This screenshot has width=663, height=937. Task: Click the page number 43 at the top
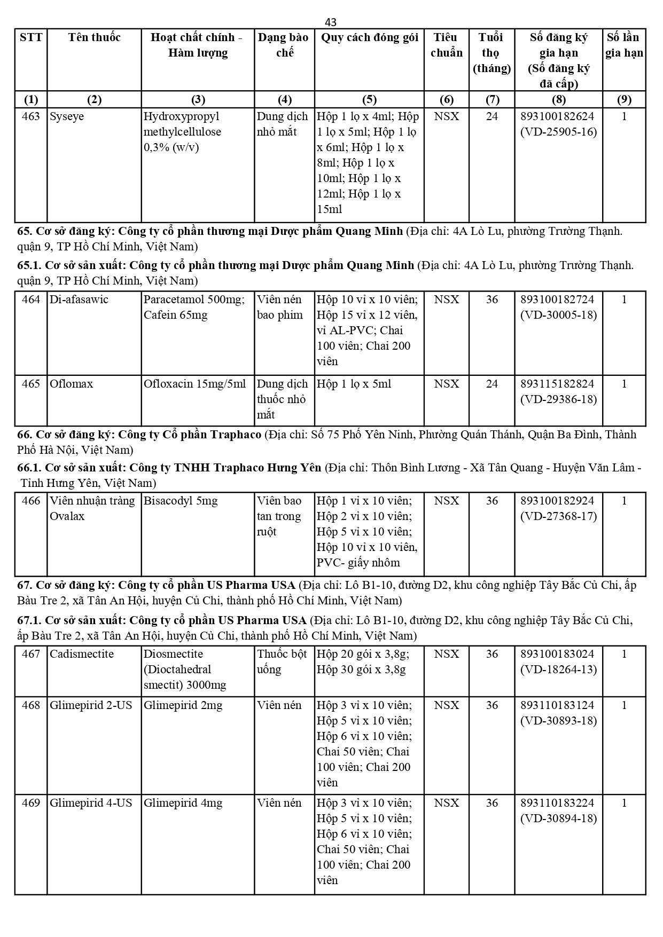point(331,22)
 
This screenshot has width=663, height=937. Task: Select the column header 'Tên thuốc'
point(94,37)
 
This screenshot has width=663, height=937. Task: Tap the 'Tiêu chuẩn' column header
point(446,45)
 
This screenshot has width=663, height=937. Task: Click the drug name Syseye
point(67,116)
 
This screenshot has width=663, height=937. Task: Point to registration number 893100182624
point(558,116)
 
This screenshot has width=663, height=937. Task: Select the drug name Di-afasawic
point(79,300)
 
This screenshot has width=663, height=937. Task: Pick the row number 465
point(31,384)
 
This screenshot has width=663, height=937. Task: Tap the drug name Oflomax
point(71,384)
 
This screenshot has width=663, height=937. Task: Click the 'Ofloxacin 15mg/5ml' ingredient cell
point(195,384)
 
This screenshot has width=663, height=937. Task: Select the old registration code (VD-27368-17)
point(558,516)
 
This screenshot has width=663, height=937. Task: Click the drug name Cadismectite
point(82,654)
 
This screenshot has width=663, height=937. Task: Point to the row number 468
point(31,705)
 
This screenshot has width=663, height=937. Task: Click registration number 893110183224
point(558,803)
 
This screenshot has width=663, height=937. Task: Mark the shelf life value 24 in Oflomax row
point(492,384)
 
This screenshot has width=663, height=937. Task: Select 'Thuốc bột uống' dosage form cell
point(282,662)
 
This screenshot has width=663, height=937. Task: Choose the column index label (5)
point(369,100)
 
